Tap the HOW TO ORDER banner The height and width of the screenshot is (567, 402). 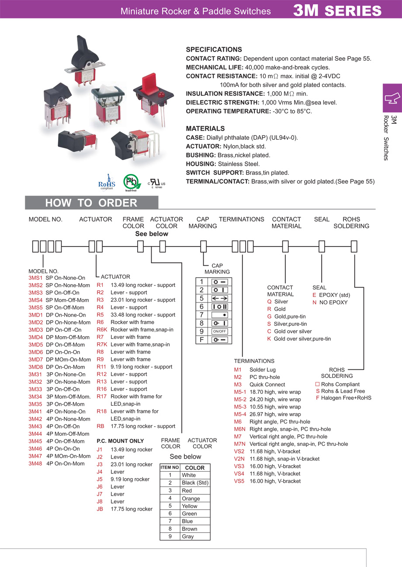91,203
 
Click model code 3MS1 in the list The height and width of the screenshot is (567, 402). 35,278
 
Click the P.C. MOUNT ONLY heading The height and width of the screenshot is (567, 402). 120,441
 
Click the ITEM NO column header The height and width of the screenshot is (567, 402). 170,468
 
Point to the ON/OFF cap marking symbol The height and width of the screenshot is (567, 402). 220,331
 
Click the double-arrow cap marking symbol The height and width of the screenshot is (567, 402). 220,299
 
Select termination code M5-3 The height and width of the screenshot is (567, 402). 240,407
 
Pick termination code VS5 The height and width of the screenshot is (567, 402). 239,481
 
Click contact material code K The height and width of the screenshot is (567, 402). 269,339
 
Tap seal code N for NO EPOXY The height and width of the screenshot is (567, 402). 314,303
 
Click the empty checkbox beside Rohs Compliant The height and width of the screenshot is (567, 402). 317,384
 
